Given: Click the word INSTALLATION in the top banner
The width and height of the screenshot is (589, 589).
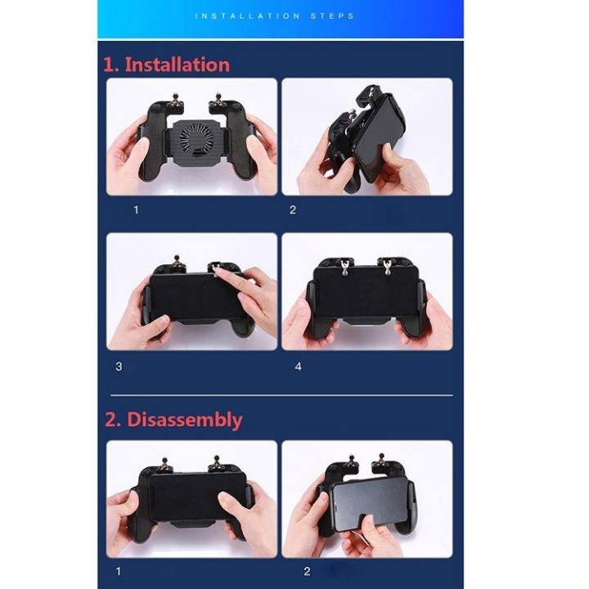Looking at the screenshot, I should pos(245,16).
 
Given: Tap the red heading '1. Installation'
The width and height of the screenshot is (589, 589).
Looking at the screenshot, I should pos(166,65).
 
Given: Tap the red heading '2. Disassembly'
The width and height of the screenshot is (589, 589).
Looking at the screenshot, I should pos(173,420).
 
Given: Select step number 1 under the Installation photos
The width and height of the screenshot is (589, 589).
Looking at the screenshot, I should pos(136,209).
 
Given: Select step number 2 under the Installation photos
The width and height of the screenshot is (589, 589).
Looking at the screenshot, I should pos(293,209).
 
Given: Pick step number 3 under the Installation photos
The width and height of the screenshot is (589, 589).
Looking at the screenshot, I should pos(119,366).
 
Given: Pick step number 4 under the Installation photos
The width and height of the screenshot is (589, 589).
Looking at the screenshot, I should pos(298,366).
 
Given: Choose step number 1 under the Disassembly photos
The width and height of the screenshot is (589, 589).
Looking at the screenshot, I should pos(119,571).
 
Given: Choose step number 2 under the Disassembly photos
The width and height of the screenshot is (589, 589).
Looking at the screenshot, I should pos(308,571).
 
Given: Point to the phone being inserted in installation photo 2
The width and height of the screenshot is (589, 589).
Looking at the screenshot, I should pos(384,143).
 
